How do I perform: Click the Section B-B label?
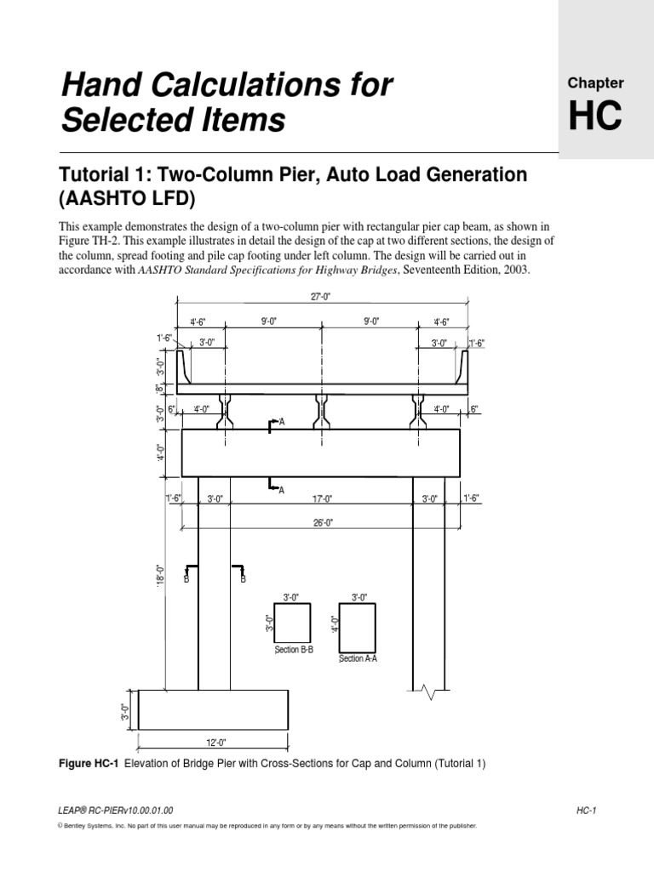[x=294, y=650]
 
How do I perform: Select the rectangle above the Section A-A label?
[x=358, y=629]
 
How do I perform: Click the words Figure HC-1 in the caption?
[x=89, y=764]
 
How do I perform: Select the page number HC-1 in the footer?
[x=583, y=811]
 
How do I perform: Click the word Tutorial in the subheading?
[x=95, y=174]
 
